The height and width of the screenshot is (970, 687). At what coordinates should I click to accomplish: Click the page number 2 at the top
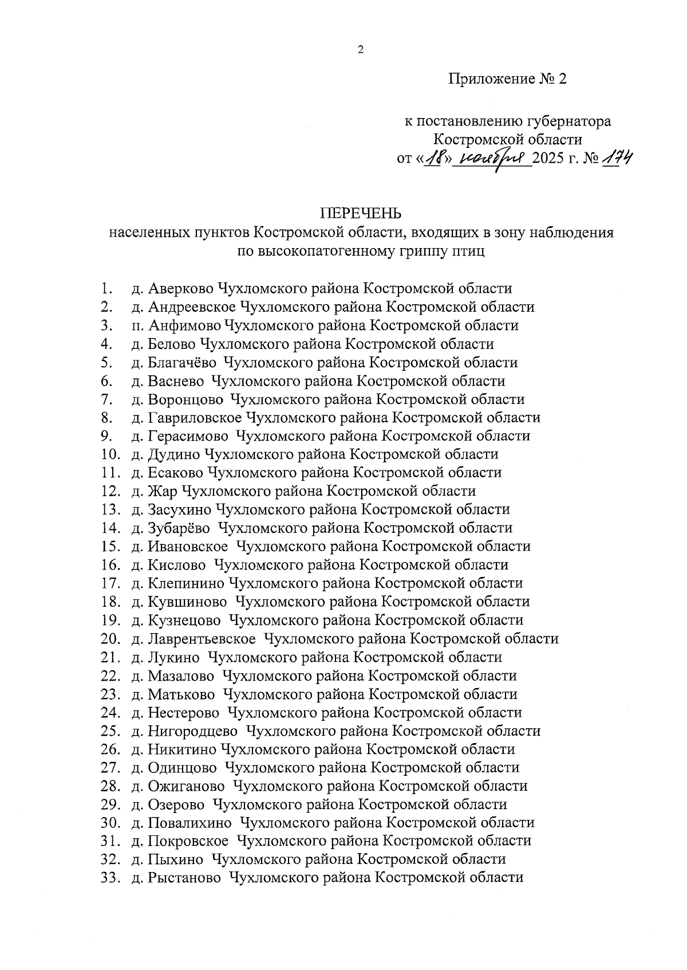360,50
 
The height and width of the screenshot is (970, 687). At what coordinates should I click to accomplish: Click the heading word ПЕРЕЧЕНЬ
361,214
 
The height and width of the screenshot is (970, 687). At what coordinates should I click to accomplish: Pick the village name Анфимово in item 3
184,325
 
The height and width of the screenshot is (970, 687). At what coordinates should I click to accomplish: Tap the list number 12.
109,491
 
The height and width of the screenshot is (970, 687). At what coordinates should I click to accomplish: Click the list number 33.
109,878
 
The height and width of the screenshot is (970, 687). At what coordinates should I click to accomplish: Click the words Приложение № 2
507,79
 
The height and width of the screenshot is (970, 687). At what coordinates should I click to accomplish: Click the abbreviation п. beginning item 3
137,325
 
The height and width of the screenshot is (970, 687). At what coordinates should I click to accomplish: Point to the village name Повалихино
189,823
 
